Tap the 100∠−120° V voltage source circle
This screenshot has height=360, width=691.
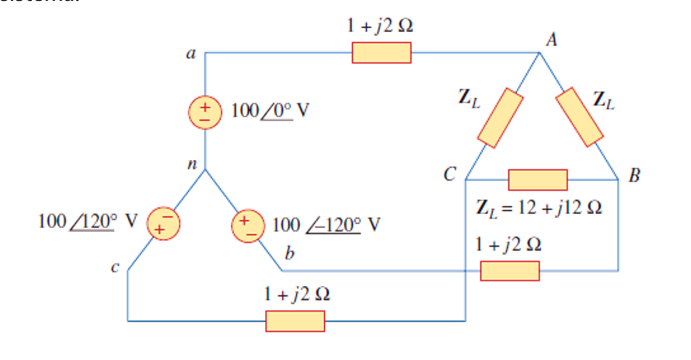pyautogui.click(x=247, y=222)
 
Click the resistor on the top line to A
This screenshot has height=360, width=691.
pyautogui.click(x=381, y=53)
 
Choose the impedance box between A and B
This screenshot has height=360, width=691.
pyautogui.click(x=580, y=117)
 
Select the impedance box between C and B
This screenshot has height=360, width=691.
pyautogui.click(x=538, y=180)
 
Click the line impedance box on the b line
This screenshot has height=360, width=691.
pyautogui.click(x=509, y=271)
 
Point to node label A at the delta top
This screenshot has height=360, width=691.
pyautogui.click(x=551, y=39)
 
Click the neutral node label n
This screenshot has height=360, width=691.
pyautogui.click(x=190, y=164)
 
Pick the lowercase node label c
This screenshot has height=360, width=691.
pyautogui.click(x=114, y=269)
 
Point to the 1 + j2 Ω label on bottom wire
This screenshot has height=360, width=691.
pyautogui.click(x=296, y=295)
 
